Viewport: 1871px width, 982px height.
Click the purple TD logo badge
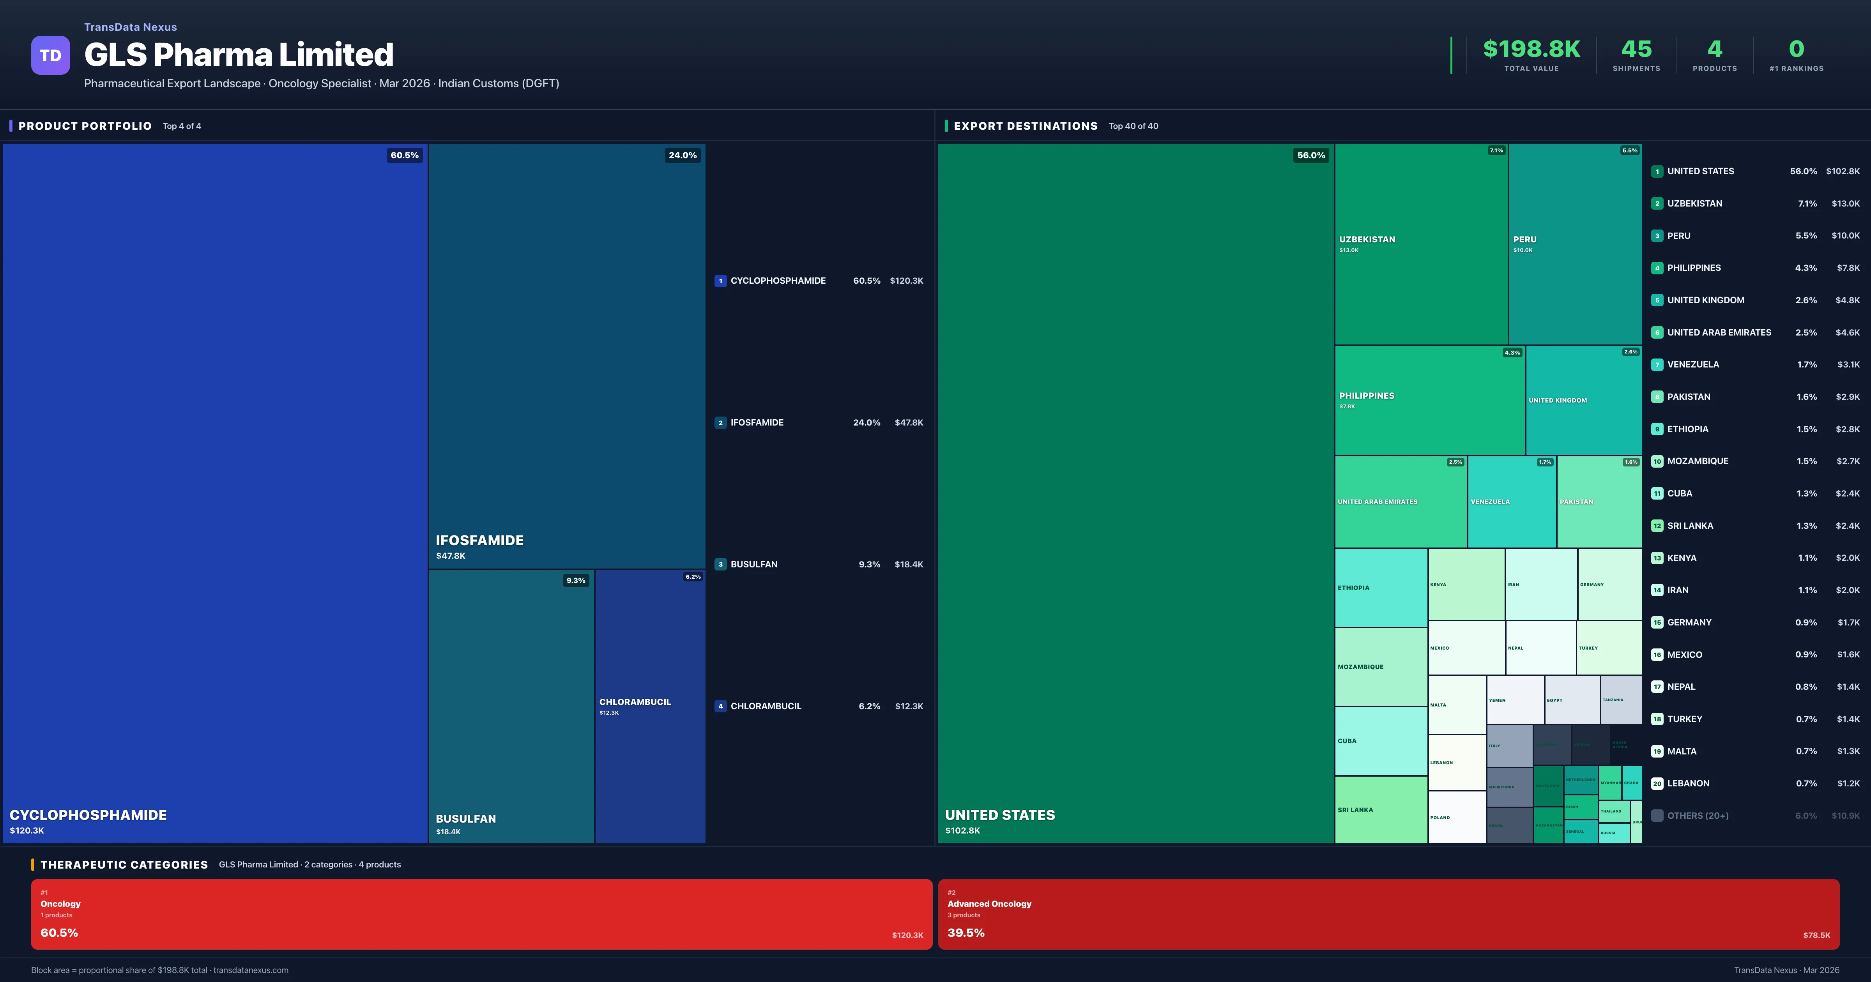(50, 55)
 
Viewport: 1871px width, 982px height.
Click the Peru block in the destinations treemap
(1575, 243)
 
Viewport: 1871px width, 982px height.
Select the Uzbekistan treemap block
(1421, 243)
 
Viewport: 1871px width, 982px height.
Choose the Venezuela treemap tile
(1512, 501)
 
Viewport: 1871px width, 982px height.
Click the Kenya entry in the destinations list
(1682, 558)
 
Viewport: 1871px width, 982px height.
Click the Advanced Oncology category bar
(1388, 914)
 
